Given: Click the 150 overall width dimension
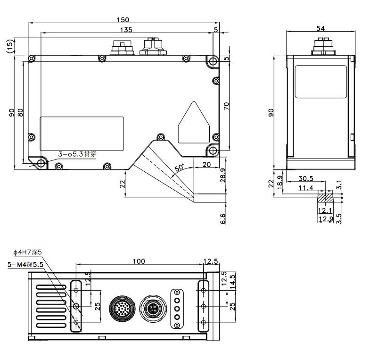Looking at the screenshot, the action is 123,20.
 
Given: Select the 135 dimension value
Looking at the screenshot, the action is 126,30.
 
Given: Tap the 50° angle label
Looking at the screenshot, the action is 179,167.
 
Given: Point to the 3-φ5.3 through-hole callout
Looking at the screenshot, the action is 77,154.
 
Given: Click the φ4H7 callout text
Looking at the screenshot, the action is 27,252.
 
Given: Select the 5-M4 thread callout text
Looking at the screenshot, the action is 25,265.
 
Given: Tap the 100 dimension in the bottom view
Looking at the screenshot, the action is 139,261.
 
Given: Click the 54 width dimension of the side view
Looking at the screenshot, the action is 321,28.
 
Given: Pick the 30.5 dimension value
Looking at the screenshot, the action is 306,178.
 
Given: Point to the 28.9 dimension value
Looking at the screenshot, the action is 223,175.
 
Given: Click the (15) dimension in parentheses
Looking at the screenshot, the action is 10,46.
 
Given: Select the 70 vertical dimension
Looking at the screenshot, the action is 226,106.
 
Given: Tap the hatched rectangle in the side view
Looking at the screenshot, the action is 325,198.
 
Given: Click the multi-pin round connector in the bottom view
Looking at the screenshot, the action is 122,308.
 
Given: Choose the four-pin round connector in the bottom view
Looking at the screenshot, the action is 153,309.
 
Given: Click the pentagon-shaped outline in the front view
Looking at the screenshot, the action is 194,123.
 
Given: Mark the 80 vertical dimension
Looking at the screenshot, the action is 21,112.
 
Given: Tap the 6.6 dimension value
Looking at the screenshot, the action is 223,219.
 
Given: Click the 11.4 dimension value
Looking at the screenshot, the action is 306,188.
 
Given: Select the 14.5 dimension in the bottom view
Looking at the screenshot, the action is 233,281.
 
